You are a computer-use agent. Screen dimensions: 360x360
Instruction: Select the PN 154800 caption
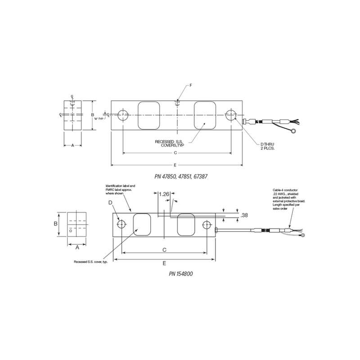point(178,273)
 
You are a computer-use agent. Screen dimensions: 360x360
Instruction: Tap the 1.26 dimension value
point(163,194)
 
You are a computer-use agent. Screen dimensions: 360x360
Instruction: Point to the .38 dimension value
point(245,216)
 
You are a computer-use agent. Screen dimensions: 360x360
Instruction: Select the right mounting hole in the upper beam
point(231,115)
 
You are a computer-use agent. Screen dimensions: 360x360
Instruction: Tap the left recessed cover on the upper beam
point(148,115)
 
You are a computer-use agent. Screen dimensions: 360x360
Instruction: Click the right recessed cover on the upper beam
point(205,115)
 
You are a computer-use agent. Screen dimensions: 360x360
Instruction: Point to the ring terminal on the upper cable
point(294,132)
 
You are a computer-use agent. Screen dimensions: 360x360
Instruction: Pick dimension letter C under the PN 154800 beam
point(165,249)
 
